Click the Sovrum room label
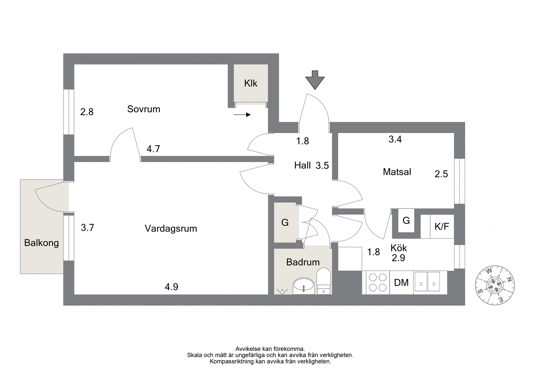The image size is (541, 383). click(x=144, y=109)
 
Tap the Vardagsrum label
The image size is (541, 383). click(x=171, y=229)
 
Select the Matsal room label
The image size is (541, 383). click(x=397, y=172)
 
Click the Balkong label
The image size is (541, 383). click(x=42, y=243)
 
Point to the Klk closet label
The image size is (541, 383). click(x=251, y=83)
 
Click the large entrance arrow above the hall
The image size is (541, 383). click(x=315, y=80)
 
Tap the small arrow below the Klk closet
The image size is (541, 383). click(x=242, y=115)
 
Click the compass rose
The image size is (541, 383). click(x=495, y=285)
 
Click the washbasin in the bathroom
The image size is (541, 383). click(x=304, y=286)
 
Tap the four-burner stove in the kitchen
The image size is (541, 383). click(x=378, y=282)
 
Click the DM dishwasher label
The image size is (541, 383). click(x=401, y=283)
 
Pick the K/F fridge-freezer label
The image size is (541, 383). click(x=442, y=227)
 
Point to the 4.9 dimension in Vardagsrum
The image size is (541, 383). click(x=171, y=287)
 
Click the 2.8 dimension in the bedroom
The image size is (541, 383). click(x=87, y=112)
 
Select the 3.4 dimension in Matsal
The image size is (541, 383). click(x=395, y=139)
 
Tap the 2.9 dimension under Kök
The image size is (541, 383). click(x=399, y=258)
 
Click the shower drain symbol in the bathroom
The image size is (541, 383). click(x=282, y=291)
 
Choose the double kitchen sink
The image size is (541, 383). click(x=427, y=281)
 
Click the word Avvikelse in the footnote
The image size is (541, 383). click(x=248, y=349)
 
